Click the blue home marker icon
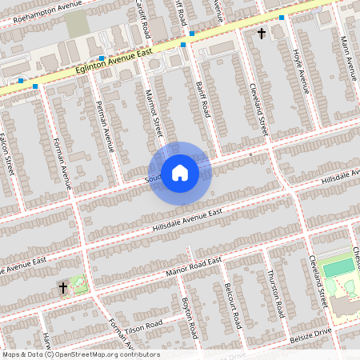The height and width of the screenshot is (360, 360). (180, 172)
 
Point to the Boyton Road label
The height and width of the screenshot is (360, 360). (190, 317)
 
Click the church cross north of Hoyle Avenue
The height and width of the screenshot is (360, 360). (261, 34)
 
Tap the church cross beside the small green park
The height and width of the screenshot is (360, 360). (62, 286)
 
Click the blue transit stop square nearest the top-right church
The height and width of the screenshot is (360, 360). (282, 17)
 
